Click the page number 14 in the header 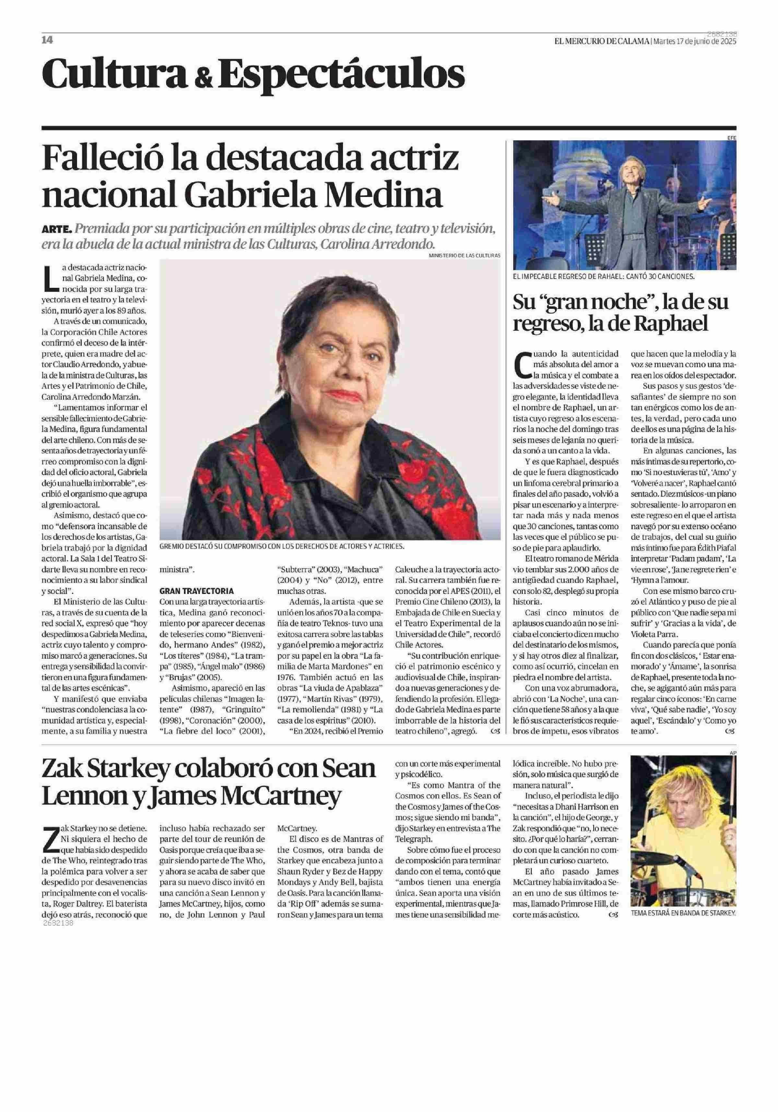47,40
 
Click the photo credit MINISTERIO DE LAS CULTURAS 464,255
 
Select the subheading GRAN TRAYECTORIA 196,591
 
